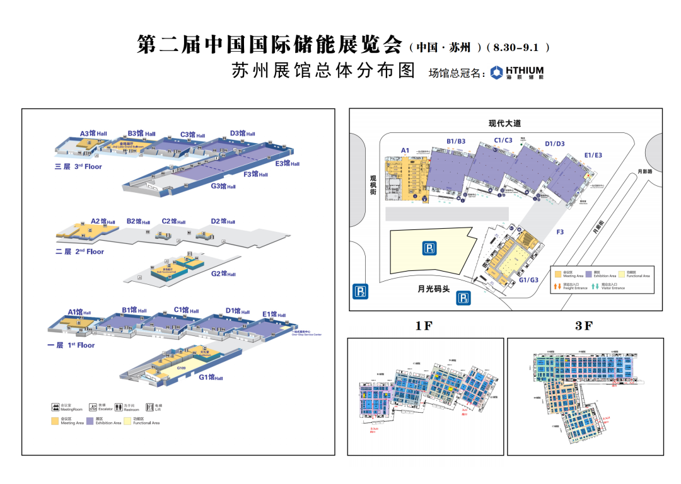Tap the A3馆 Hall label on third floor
pyautogui.click(x=93, y=134)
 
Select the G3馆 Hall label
pyautogui.click(x=223, y=186)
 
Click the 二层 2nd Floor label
pyautogui.click(x=79, y=251)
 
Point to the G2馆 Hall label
pyautogui.click(x=223, y=274)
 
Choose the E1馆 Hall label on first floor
pyautogui.click(x=274, y=314)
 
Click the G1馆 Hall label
pyautogui.click(x=211, y=377)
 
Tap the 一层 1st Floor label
pyautogui.click(x=71, y=345)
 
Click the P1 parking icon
pyautogui.click(x=429, y=248)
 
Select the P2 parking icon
pyautogui.click(x=361, y=291)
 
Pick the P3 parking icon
pyautogui.click(x=463, y=298)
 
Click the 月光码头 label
pyautogui.click(x=433, y=290)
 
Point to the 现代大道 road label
pyautogui.click(x=504, y=124)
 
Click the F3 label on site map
pyautogui.click(x=560, y=233)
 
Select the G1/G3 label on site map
pyautogui.click(x=528, y=280)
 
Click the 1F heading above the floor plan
pyautogui.click(x=424, y=326)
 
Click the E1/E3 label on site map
pyautogui.click(x=593, y=155)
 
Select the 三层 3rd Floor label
pyautogui.click(x=78, y=167)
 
